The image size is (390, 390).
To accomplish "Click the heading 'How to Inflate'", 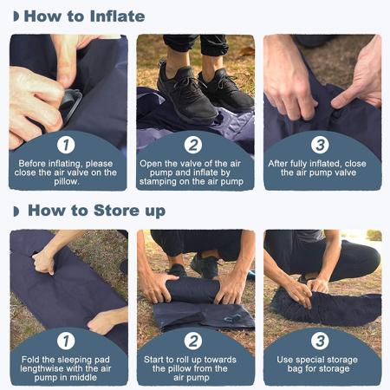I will pos(84,16).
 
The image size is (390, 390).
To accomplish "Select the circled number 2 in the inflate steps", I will pos(194,145).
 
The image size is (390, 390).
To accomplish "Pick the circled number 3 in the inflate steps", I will pos(321,145).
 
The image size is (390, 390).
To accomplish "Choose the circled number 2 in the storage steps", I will pos(194,341).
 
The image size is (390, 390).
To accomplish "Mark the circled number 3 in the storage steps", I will pos(321,341).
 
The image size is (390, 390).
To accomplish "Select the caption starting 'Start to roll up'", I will pos(195,367).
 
